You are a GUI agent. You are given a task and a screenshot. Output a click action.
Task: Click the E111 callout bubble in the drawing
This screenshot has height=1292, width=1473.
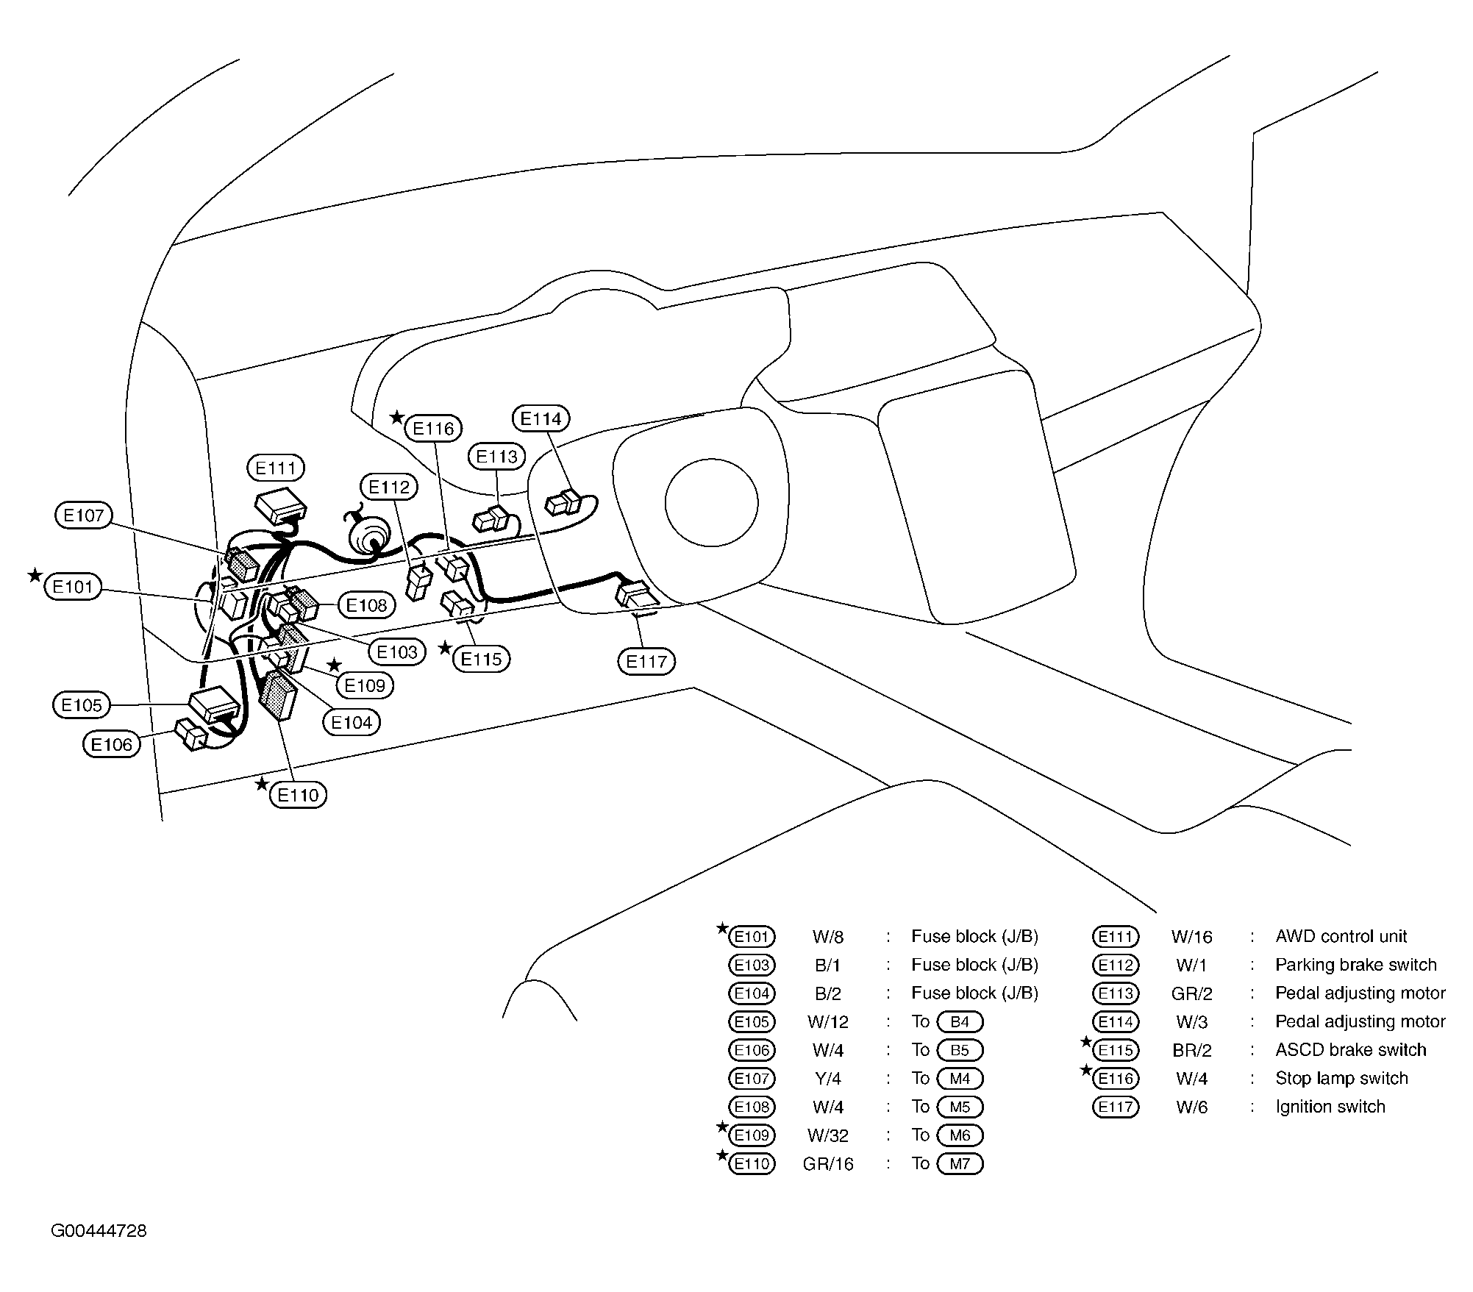click(x=276, y=468)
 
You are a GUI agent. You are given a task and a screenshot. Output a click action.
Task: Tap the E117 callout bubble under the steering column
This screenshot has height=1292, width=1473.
click(x=646, y=661)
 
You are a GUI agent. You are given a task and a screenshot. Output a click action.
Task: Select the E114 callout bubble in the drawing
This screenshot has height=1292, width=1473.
click(x=541, y=418)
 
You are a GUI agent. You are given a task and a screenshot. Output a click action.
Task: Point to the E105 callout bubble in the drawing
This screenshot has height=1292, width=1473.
click(x=82, y=705)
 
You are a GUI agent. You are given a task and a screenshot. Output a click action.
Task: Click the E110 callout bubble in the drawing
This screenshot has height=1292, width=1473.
click(x=299, y=795)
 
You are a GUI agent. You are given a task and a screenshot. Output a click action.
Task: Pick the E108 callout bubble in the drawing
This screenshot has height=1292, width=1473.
click(x=367, y=605)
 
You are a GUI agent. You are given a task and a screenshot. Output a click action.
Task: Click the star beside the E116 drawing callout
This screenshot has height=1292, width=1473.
click(x=396, y=418)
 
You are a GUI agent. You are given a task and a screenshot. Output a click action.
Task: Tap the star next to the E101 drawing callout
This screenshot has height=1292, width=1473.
click(x=35, y=575)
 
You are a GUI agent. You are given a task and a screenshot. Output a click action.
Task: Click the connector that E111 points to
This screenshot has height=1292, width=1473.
click(x=281, y=505)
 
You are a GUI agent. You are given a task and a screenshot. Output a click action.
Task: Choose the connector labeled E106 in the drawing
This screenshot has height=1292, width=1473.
click(x=190, y=734)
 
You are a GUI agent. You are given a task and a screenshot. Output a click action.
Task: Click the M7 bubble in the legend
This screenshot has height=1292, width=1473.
click(x=960, y=1163)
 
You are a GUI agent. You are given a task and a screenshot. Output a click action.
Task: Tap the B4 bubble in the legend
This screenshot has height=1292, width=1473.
click(x=960, y=1021)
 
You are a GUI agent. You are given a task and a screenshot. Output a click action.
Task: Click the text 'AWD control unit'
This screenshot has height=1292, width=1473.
click(x=1341, y=936)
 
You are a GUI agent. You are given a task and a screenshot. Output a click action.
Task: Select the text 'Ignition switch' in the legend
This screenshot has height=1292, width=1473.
click(x=1330, y=1107)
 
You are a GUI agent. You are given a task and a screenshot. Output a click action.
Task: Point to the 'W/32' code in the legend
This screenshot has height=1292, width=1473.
click(x=828, y=1135)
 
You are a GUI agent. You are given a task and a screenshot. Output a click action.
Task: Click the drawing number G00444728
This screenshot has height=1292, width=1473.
click(x=99, y=1231)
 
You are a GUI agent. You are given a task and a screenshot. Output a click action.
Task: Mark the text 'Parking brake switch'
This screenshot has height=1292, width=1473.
click(x=1356, y=965)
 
